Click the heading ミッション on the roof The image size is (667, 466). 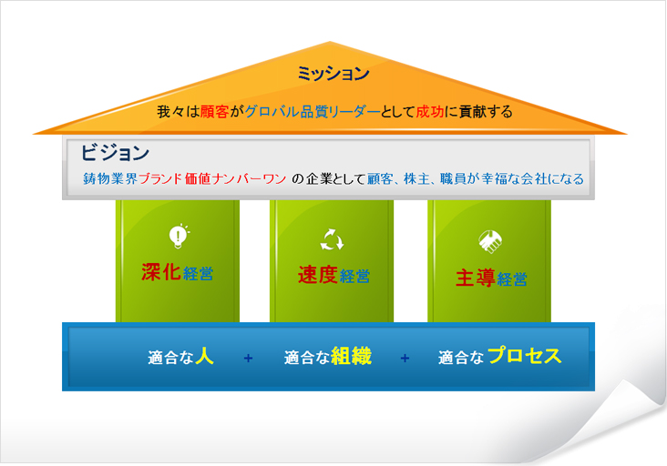[x=333, y=74]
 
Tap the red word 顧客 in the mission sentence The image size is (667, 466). [x=214, y=112]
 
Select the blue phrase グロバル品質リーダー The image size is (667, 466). [x=313, y=112]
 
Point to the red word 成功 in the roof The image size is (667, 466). [x=430, y=112]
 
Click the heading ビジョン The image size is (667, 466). [x=115, y=152]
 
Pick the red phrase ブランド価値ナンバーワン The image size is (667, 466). [x=212, y=178]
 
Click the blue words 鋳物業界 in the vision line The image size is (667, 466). [x=110, y=178]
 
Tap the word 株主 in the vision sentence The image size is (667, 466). [x=417, y=178]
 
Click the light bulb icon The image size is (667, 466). [x=179, y=236]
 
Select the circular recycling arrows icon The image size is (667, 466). [x=332, y=240]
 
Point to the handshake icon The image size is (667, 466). [x=490, y=241]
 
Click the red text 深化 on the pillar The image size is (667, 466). [x=161, y=272]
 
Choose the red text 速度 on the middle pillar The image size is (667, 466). [x=318, y=275]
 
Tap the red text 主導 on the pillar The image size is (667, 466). [x=475, y=279]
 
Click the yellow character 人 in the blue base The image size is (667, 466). [x=204, y=356]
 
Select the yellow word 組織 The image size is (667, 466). [x=351, y=356]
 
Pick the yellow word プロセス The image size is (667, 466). [x=525, y=356]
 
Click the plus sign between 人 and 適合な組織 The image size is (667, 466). [x=248, y=359]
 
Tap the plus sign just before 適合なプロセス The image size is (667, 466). [x=405, y=359]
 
